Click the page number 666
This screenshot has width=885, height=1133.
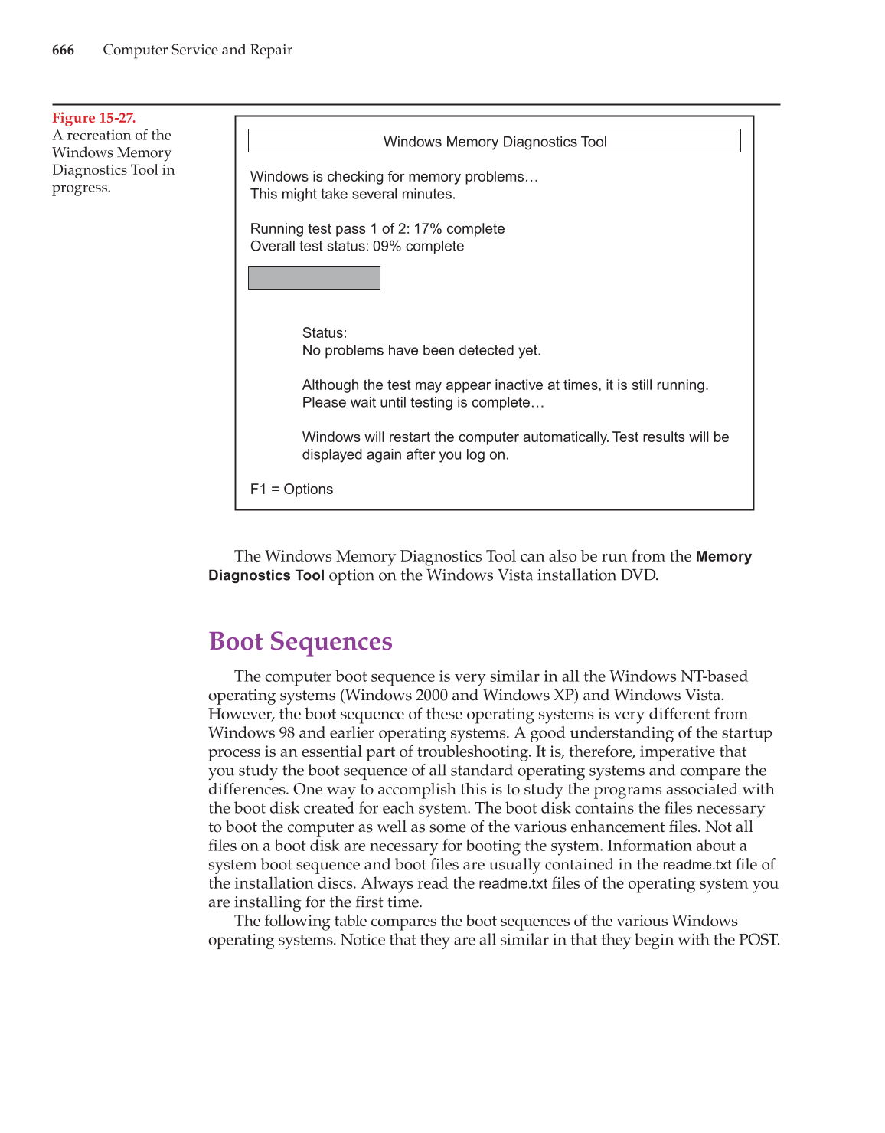click(63, 51)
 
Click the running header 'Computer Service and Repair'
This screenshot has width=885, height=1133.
click(198, 51)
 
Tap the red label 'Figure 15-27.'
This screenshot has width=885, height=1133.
click(93, 118)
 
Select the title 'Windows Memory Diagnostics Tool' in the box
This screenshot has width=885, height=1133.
click(495, 142)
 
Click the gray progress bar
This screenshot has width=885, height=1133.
click(314, 277)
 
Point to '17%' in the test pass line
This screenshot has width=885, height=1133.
click(428, 229)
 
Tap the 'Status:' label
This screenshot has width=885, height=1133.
click(325, 333)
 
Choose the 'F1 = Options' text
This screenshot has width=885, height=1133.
click(292, 490)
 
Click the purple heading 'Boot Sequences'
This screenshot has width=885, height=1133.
click(300, 642)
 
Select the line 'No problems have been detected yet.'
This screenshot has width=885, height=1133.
click(421, 351)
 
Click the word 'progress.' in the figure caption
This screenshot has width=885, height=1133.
click(81, 188)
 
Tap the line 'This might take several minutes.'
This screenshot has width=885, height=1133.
click(353, 195)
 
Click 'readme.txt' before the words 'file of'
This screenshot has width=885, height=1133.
click(697, 865)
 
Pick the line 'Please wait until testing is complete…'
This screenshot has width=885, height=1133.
click(423, 403)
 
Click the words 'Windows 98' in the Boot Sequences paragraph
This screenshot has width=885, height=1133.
click(251, 733)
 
